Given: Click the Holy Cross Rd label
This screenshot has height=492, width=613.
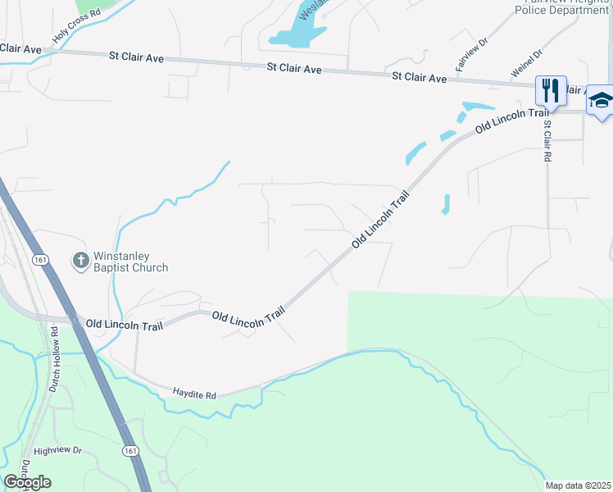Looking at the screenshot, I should coord(75,26).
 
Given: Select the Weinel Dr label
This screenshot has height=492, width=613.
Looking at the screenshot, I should coord(527,64).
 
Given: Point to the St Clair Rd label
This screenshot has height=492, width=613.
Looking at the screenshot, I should coord(547,141).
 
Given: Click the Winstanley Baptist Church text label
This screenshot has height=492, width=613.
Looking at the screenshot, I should coord(131,262).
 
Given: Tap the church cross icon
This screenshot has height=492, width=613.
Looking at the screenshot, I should coord(80,261).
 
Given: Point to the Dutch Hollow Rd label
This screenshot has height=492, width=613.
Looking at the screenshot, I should coord(54,359).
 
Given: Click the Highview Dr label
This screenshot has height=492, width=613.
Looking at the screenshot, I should coord(58,451).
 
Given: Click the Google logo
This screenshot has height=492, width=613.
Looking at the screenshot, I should coord(27,482).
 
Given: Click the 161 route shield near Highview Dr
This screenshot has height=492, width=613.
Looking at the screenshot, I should coord(130,451).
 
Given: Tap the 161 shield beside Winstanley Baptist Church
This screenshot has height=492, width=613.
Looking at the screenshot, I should coord(41,259).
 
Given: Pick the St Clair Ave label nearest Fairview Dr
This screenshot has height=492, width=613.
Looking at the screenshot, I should coord(419,78).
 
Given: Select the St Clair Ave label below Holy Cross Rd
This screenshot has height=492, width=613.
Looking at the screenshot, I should coord(20,49).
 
